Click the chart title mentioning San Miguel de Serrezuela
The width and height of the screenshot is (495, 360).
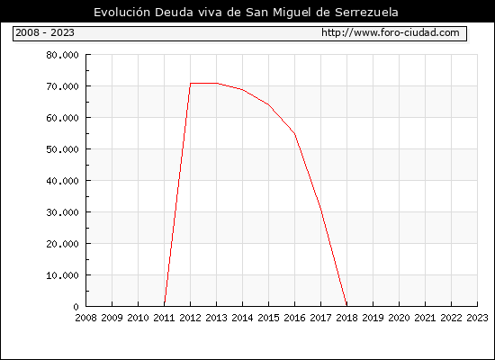[246, 13]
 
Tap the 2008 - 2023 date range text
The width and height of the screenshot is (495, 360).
[45, 32]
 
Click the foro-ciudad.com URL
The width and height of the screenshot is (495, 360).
[391, 32]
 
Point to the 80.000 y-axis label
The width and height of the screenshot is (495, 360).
[62, 55]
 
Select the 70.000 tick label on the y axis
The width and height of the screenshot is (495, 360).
[62, 86]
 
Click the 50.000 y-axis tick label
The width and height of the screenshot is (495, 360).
[62, 149]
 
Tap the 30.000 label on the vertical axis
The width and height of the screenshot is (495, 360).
[62, 212]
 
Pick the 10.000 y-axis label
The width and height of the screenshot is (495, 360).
[62, 275]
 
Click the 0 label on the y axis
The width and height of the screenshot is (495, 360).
[76, 307]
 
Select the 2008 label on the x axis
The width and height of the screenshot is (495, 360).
[85, 318]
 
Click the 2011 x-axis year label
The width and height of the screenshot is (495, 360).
[164, 318]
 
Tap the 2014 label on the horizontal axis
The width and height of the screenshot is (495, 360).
[242, 318]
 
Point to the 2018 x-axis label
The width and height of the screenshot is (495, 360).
[346, 318]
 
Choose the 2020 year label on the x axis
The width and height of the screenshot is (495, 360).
[399, 318]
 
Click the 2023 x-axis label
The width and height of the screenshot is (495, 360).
[477, 318]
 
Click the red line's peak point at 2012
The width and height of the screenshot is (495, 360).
[191, 84]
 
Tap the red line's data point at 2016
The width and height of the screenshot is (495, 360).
[295, 134]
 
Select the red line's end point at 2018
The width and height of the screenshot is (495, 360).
[346, 305]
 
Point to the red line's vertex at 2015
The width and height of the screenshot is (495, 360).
[269, 104]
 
